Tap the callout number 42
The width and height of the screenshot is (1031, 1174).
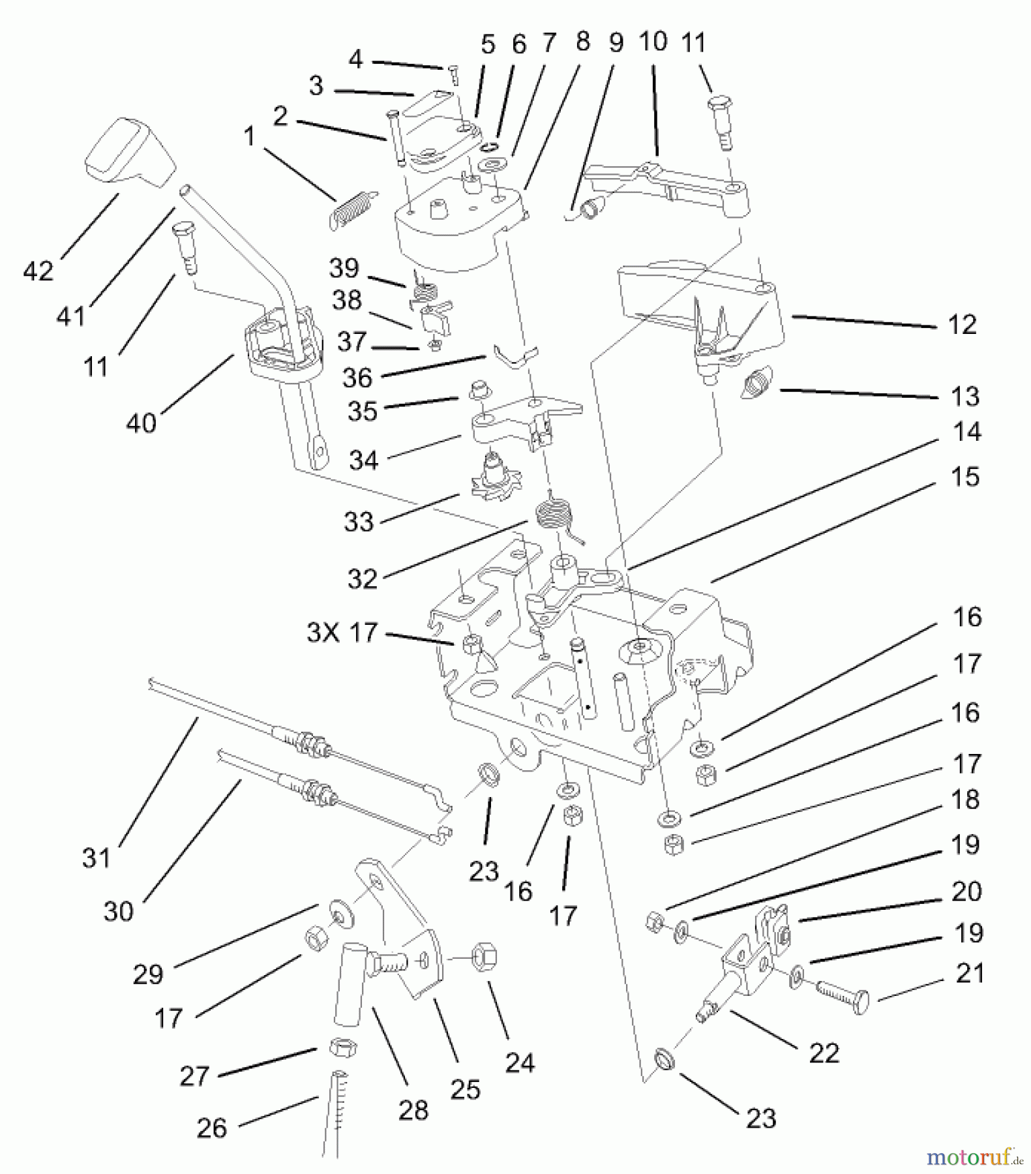click(x=38, y=270)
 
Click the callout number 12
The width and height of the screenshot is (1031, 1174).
click(x=963, y=324)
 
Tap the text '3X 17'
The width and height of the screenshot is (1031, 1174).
click(x=342, y=632)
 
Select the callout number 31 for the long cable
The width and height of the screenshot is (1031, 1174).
click(x=97, y=858)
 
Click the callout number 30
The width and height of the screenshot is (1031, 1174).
click(x=118, y=911)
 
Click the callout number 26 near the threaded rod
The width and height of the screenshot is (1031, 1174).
click(x=212, y=1128)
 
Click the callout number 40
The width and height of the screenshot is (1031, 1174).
click(x=141, y=423)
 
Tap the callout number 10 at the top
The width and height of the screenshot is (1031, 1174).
click(x=653, y=42)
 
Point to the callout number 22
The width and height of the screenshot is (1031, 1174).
click(x=824, y=1053)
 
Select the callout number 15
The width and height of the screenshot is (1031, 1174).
click(x=965, y=477)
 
